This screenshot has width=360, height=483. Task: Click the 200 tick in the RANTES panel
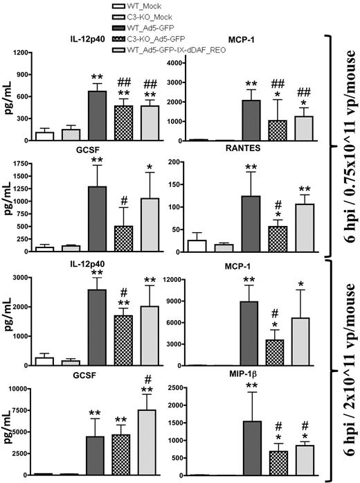pos(179,163)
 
